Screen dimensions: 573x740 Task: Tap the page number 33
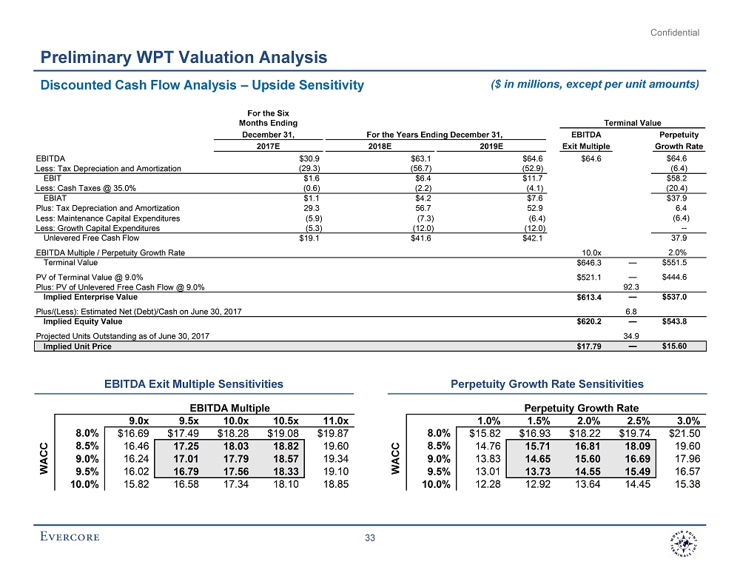point(371,537)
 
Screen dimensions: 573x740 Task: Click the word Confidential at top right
point(674,33)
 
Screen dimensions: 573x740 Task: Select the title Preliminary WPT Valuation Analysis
point(184,57)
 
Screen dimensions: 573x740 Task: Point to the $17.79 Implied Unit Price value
point(589,346)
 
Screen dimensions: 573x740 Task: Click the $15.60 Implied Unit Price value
point(674,346)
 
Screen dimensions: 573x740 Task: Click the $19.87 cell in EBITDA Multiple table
point(332,432)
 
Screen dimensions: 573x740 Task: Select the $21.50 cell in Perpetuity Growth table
point(684,432)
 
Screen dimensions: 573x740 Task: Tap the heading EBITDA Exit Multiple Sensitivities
point(193,383)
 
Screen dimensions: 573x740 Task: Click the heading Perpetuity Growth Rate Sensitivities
point(547,383)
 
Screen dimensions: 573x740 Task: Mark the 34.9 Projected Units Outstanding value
point(632,335)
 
